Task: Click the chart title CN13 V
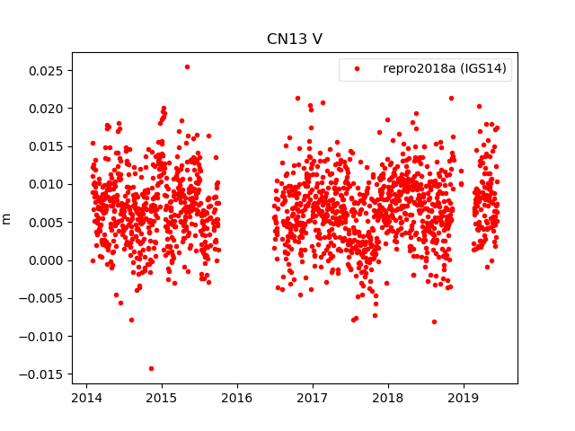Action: (x=294, y=40)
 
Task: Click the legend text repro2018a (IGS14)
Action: (x=445, y=69)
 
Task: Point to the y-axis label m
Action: (x=7, y=218)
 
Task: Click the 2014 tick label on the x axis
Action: (x=86, y=398)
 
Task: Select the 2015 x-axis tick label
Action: (x=162, y=398)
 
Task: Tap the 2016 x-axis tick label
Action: (x=237, y=398)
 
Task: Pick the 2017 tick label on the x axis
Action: (x=313, y=398)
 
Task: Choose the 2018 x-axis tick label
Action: (x=388, y=398)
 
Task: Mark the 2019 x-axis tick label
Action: (x=464, y=398)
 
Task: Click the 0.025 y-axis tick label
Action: (x=45, y=70)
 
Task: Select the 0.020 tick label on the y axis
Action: (x=45, y=109)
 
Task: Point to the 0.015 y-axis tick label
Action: (x=45, y=146)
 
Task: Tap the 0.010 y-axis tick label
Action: (x=45, y=184)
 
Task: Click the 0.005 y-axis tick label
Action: (x=45, y=223)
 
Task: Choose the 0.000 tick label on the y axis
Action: (x=45, y=260)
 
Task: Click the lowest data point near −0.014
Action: (x=151, y=368)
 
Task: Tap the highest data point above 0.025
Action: (x=187, y=66)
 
